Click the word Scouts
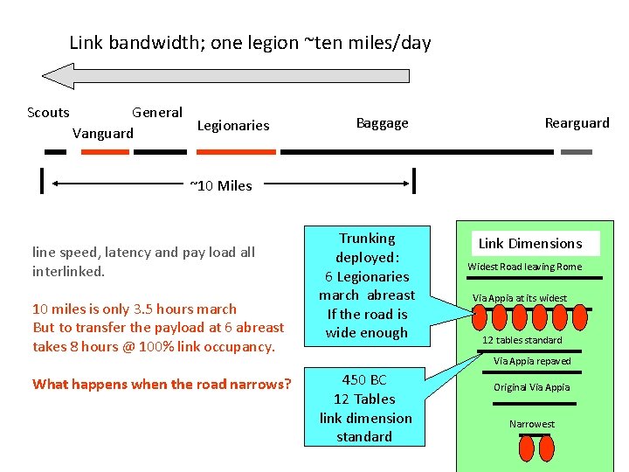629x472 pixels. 48,112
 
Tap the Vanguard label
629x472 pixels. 103,134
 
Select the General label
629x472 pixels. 157,112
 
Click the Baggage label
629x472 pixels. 382,123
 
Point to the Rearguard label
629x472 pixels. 577,123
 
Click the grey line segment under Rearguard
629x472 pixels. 576,152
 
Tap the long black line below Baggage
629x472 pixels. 417,152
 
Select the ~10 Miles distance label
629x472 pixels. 221,185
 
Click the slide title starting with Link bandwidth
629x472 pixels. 250,42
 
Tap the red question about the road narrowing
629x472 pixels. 162,383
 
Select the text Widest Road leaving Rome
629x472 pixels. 524,267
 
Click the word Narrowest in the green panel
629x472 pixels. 532,424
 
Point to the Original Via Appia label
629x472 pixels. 531,387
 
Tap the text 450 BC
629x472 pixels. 364,380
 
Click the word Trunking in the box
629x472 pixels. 367,239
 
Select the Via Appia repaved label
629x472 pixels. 532,361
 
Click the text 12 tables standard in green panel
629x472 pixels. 522,340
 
